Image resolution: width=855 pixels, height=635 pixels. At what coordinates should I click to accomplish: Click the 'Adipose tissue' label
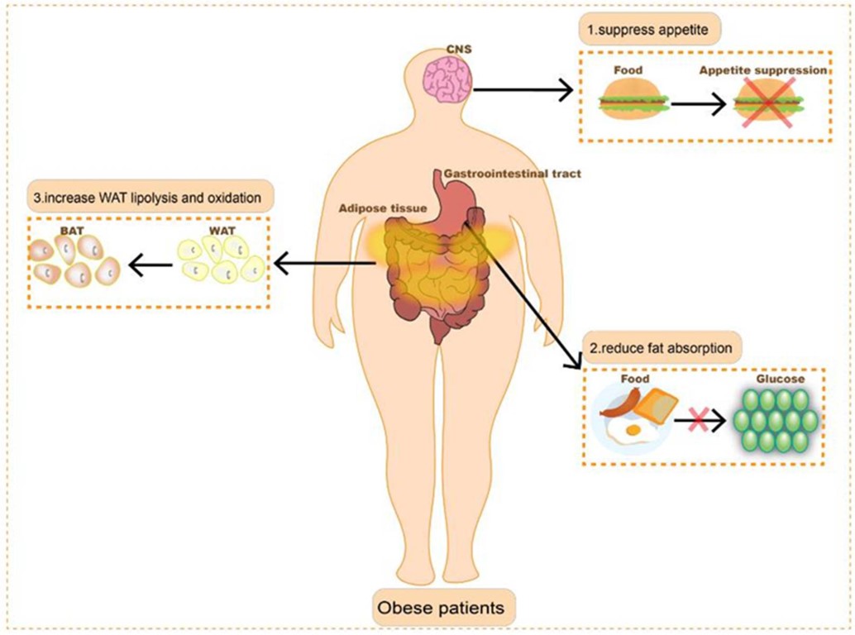[381, 209]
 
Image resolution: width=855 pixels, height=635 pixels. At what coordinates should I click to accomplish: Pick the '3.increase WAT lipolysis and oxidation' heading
[151, 198]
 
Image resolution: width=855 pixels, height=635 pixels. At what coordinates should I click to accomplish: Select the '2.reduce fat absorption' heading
[661, 348]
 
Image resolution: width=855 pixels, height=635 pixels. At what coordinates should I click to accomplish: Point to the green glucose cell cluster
[777, 419]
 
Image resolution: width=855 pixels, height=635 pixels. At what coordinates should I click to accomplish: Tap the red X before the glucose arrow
[696, 422]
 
